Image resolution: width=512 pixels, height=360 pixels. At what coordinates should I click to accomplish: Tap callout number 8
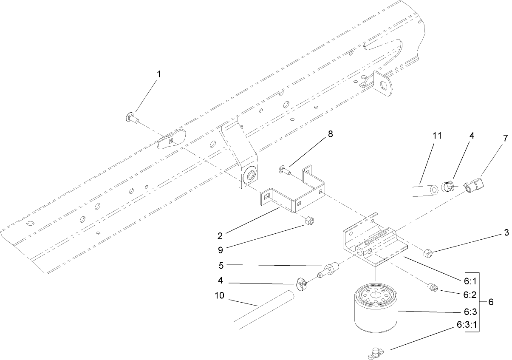coord(330,134)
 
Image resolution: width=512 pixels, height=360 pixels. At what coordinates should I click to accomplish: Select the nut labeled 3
coord(428,254)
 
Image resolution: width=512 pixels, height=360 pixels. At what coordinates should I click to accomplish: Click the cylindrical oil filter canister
coord(375,309)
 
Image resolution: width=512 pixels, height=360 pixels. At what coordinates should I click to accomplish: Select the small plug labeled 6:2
coord(432,288)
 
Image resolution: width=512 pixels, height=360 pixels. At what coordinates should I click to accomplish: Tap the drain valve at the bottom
coord(375,352)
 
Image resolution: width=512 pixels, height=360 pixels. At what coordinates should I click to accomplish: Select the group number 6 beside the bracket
coord(490,302)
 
